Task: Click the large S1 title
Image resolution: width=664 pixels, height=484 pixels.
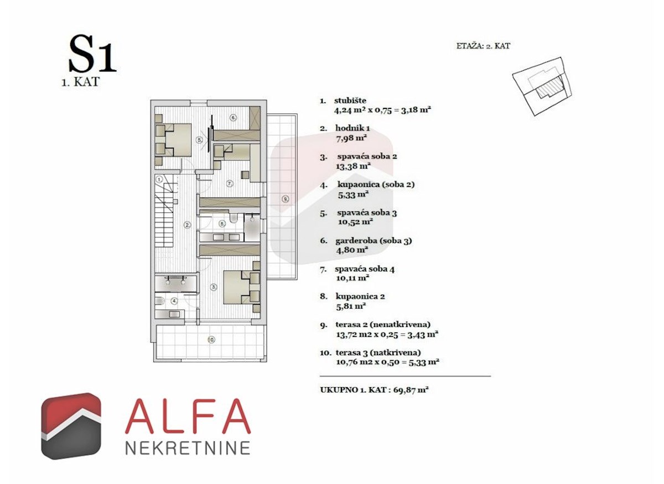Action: point(92,55)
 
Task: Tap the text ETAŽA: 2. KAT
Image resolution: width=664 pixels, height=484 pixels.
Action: point(479,46)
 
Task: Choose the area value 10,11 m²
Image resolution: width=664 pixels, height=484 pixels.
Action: point(352,278)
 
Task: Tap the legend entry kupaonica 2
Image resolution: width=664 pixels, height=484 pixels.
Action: point(361,296)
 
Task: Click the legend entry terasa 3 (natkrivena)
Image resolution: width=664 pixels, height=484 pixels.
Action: point(378,352)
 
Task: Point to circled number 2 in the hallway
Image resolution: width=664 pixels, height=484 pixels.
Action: point(188,225)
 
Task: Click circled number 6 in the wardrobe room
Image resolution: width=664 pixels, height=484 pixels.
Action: point(234,117)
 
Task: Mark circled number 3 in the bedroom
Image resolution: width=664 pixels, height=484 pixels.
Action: point(214,287)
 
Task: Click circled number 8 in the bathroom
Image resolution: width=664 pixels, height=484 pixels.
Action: point(222,224)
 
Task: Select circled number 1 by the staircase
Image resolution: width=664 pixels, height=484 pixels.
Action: point(159,179)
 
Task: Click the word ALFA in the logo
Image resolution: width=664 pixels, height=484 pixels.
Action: point(188,416)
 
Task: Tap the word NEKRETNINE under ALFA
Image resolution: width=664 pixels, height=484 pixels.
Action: point(188,447)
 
